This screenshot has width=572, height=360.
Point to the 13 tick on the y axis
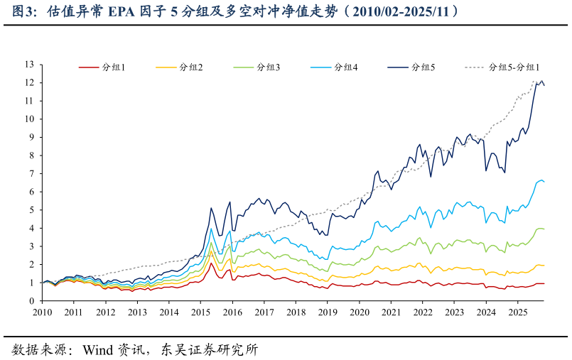coord(29,65)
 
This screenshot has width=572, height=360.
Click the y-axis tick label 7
coord(31,174)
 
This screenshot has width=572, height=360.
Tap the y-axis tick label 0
coord(31,301)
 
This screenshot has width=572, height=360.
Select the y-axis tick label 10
coord(29,119)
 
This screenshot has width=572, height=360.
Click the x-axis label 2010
coord(42,312)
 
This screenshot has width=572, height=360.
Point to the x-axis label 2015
coord(200,312)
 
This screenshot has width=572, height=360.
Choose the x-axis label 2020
coord(359,312)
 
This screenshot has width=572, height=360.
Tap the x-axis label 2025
coord(517,312)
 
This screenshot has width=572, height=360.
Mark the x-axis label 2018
coord(296,312)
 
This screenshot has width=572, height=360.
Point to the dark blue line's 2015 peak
coord(211,208)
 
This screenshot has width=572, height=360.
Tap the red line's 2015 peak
coord(211,263)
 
